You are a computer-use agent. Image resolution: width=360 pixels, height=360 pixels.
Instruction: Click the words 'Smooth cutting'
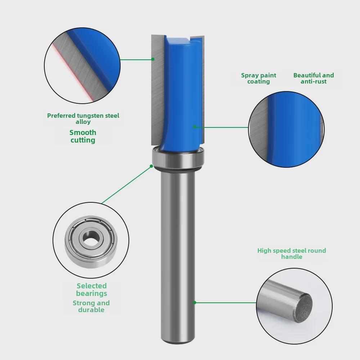pyautogui.click(x=83, y=136)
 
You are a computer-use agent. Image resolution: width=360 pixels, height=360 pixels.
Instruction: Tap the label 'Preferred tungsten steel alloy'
pyautogui.click(x=83, y=118)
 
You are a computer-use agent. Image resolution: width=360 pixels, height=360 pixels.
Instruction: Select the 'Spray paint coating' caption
pyautogui.click(x=258, y=78)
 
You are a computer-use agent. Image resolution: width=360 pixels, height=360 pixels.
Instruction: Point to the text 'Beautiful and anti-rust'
pyautogui.click(x=314, y=78)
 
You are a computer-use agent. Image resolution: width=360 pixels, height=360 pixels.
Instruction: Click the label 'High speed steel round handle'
pyautogui.click(x=292, y=253)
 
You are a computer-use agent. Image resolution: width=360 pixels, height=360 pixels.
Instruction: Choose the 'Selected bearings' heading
pyautogui.click(x=91, y=289)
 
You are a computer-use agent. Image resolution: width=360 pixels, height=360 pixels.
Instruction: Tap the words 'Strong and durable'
pyautogui.click(x=91, y=306)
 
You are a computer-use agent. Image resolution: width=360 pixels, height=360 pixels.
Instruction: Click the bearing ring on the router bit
pyautogui.click(x=178, y=157)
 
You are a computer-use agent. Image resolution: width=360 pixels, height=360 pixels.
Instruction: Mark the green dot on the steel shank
pyautogui.click(x=195, y=302)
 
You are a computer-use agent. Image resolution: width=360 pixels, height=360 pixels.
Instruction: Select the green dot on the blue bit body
pyautogui.click(x=194, y=127)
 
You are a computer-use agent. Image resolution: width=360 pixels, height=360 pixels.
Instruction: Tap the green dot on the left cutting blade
pyautogui.click(x=153, y=59)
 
